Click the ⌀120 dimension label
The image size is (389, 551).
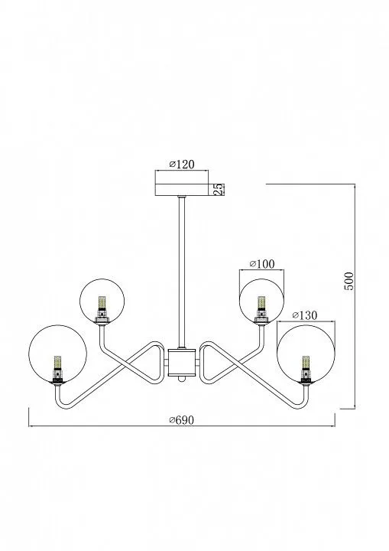182,164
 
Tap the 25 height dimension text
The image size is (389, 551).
219,189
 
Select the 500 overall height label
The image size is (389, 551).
349,281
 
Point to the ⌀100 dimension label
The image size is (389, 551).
262,263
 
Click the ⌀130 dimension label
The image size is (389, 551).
305,315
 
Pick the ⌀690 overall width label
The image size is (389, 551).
182,419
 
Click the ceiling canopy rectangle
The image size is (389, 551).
182,190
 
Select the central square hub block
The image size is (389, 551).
182,362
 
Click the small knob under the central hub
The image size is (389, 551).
182,379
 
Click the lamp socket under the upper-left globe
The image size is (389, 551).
102,318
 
